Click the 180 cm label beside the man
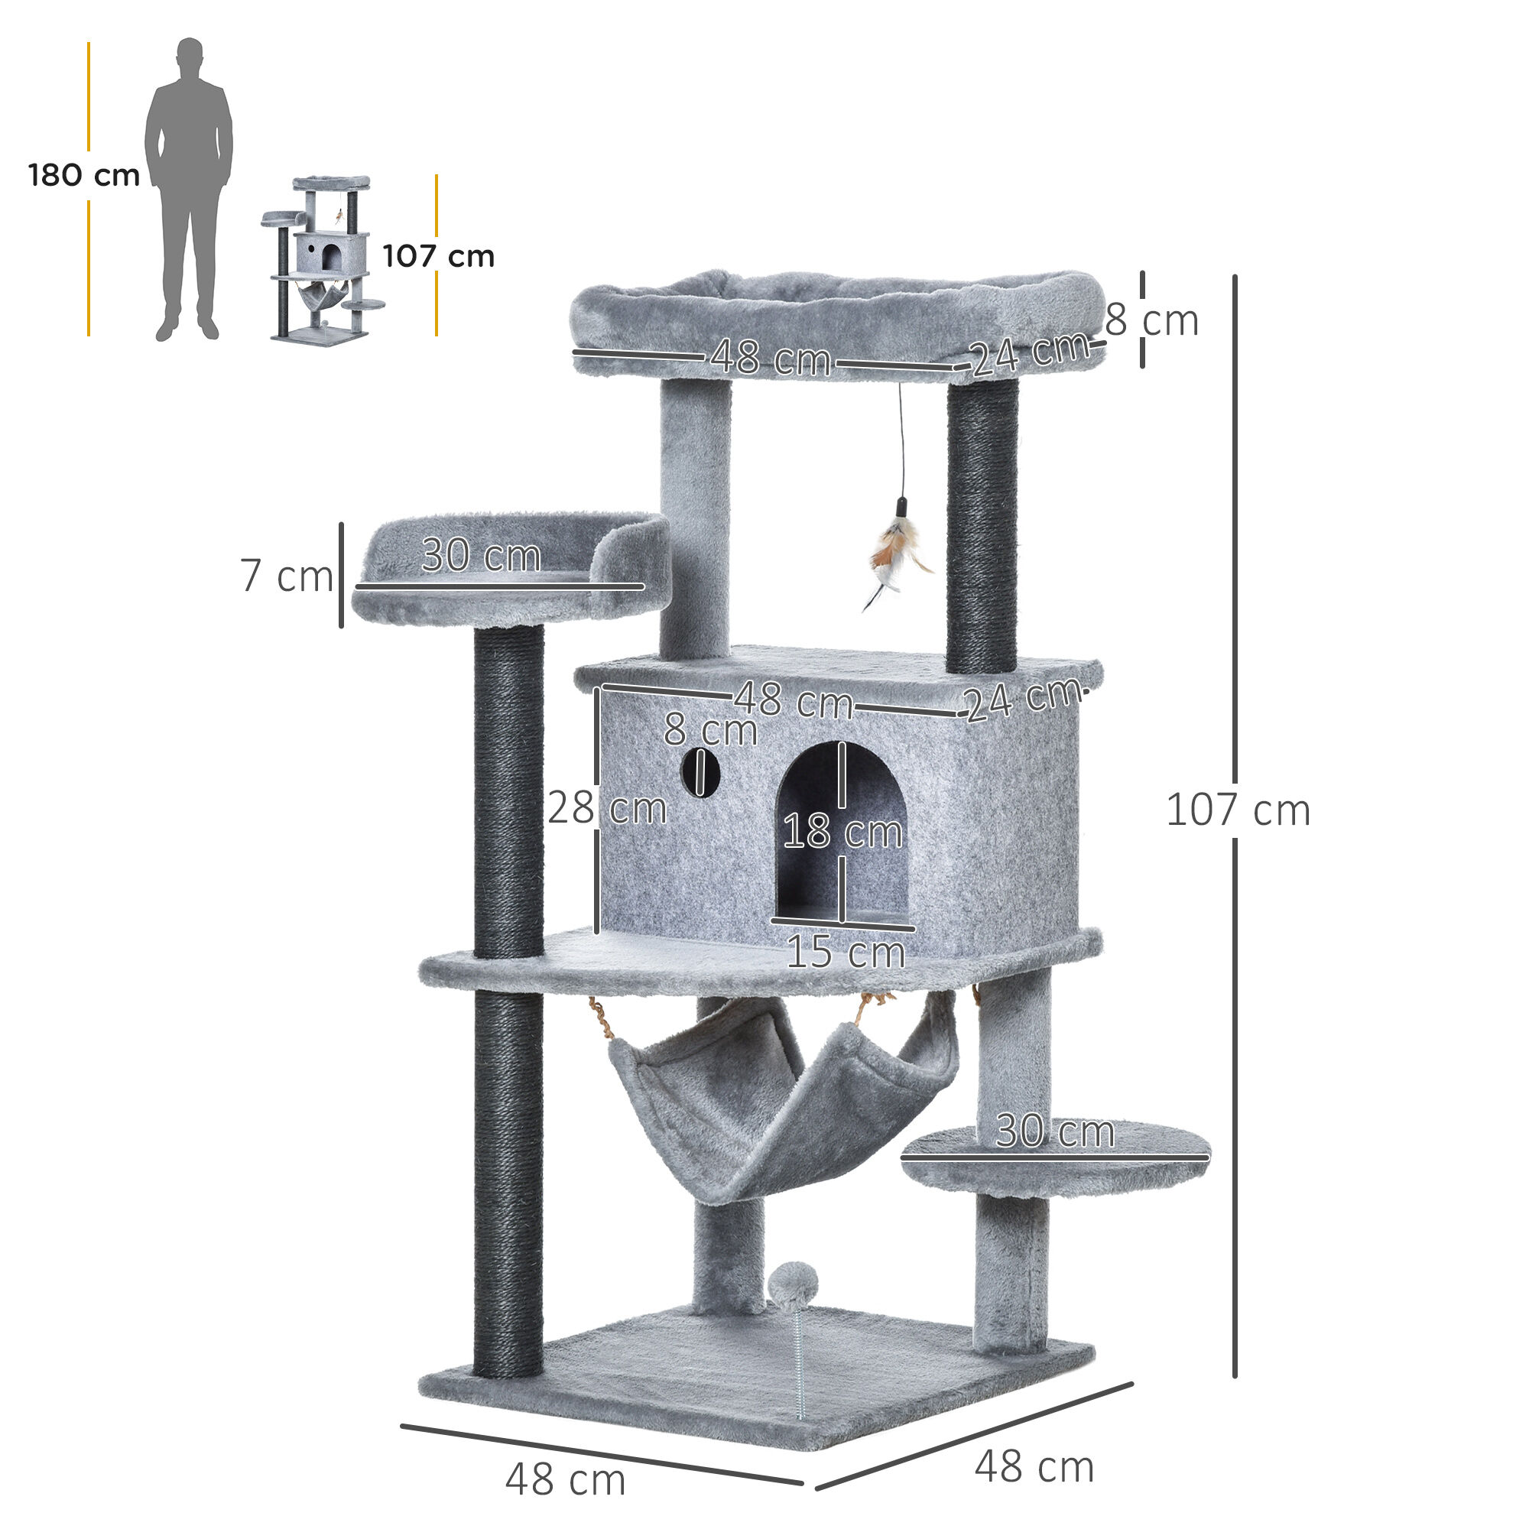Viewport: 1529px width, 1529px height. (84, 175)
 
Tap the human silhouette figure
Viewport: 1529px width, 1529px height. (188, 190)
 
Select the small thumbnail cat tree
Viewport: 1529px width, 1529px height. (323, 258)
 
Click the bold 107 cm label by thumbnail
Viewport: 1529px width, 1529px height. (438, 256)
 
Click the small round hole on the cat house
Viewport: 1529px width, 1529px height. (700, 772)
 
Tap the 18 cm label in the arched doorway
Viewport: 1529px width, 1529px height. (842, 832)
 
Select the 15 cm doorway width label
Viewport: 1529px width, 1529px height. (846, 951)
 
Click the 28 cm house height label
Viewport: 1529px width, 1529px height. (607, 808)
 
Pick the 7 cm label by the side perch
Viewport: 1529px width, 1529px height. (287, 576)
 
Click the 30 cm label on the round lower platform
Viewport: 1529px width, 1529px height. (1054, 1131)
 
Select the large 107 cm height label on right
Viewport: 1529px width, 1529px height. (1238, 810)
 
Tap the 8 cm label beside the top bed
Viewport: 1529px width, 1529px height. (1151, 320)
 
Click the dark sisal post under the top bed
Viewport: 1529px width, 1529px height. (982, 526)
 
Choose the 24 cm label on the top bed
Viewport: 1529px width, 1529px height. (1030, 352)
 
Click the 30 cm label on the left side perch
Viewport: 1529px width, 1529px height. (481, 555)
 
